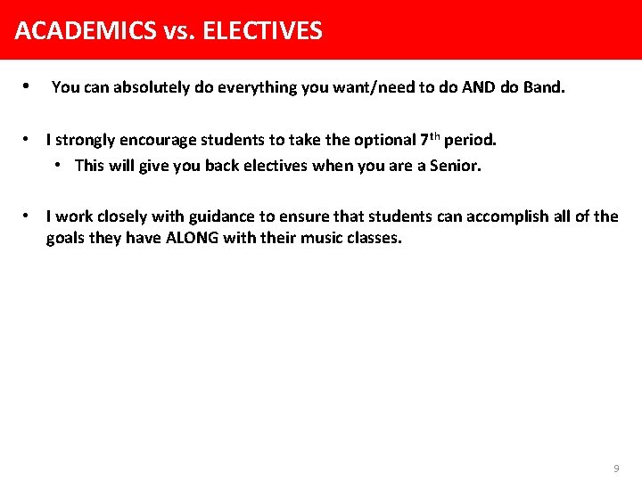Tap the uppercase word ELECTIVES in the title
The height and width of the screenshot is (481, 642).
263,31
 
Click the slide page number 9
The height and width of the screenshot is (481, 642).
616,469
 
